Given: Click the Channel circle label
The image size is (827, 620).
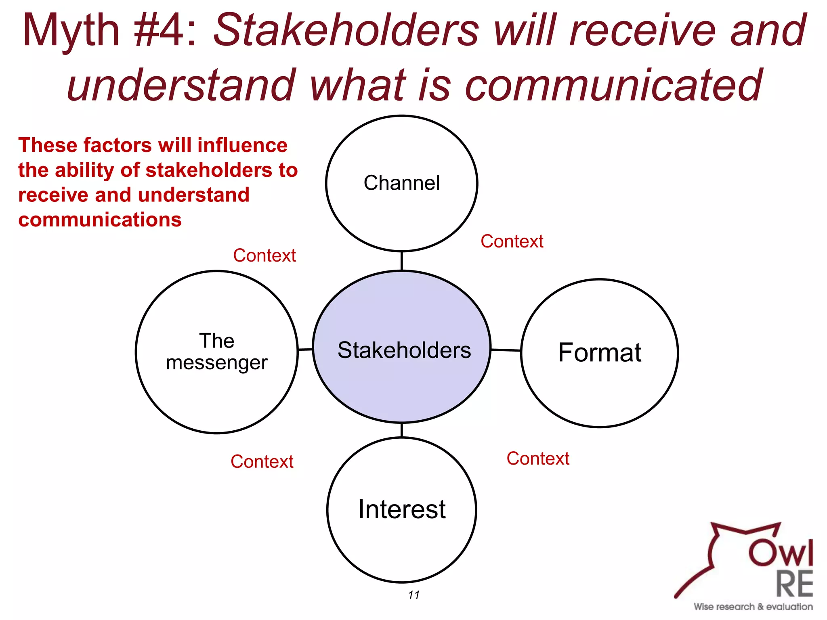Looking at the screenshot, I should click(x=401, y=183).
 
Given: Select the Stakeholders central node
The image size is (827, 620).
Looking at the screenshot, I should click(x=404, y=350).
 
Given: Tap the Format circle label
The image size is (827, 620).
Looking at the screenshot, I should click(x=600, y=352).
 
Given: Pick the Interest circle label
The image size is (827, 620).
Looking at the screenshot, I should click(x=402, y=509).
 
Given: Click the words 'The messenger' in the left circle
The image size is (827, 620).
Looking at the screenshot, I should click(x=217, y=352).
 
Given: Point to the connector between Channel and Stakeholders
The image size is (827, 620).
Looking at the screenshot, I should click(x=401, y=261).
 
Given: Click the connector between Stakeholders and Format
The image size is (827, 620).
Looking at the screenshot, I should click(x=506, y=350).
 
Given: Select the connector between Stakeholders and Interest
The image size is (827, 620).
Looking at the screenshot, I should click(x=401, y=430).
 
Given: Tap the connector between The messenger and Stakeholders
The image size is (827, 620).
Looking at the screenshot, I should click(x=305, y=350).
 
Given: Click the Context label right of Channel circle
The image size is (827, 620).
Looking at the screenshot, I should click(x=512, y=241).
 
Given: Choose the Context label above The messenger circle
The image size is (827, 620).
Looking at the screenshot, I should click(x=264, y=256).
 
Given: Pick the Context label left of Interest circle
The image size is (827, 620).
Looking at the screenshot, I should click(x=262, y=461).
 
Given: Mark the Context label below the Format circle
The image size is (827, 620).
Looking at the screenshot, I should click(x=538, y=459).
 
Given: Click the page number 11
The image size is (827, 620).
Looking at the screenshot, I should click(x=413, y=595).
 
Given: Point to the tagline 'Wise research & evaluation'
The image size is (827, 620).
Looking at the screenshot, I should click(x=753, y=607).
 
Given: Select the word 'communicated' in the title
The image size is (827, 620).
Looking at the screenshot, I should click(x=613, y=85).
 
